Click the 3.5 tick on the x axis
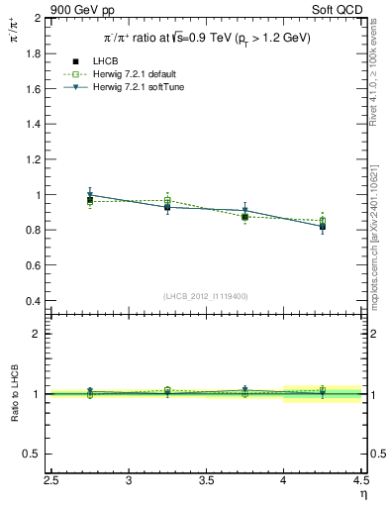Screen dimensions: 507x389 point(206,481)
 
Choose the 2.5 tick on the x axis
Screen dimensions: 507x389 point(52,481)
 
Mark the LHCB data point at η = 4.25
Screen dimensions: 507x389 point(322,227)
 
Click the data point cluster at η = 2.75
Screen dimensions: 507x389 point(90,199)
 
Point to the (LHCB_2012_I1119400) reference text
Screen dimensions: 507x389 point(205,296)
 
